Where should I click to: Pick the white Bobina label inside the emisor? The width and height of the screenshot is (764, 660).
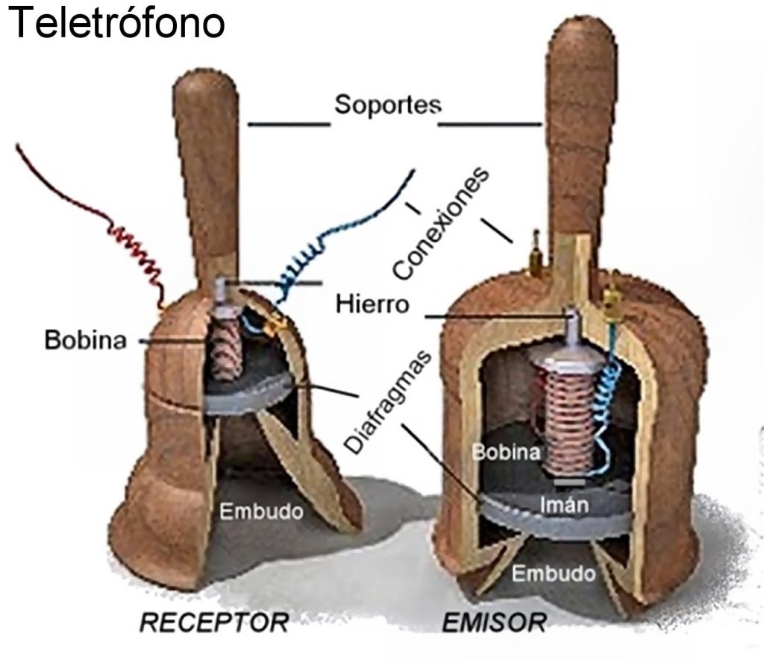coord(502,453)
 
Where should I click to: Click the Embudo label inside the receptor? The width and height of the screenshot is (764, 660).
coord(261,512)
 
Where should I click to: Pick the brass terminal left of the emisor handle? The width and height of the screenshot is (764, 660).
coord(535,254)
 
